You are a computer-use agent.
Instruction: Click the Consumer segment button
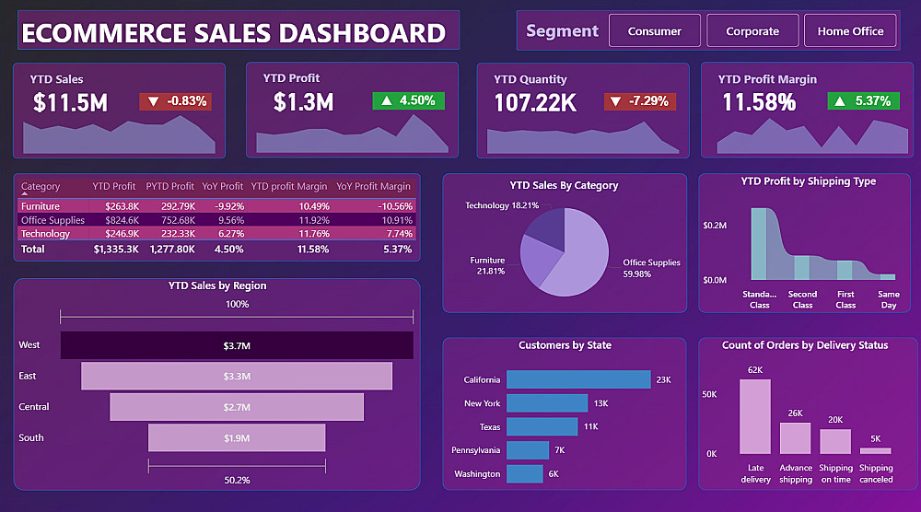(x=655, y=31)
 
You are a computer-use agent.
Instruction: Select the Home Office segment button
(x=850, y=31)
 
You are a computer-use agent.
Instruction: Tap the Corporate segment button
(x=752, y=31)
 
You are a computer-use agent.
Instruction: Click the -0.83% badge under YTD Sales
(x=175, y=101)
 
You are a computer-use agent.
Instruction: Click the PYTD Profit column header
(x=170, y=187)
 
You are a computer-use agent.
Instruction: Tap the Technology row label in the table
(x=45, y=234)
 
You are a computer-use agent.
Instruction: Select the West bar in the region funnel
(x=237, y=345)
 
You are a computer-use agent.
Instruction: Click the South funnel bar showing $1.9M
(x=237, y=438)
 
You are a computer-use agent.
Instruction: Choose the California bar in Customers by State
(x=578, y=379)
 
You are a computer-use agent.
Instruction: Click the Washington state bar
(x=525, y=474)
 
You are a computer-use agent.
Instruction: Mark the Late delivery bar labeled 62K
(x=755, y=416)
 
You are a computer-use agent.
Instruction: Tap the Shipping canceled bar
(x=876, y=451)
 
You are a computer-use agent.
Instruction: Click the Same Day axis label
(x=888, y=299)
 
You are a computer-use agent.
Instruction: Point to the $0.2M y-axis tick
(x=716, y=226)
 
